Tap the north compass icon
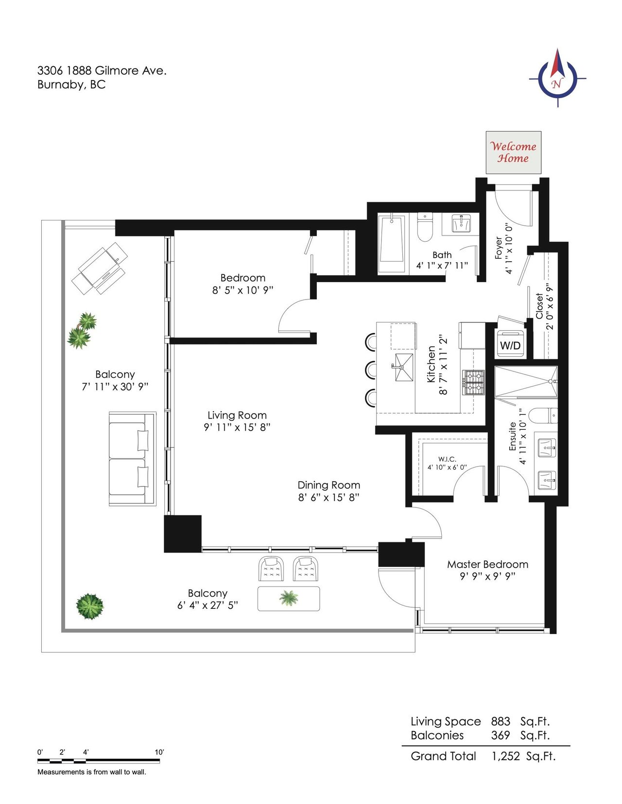[x=557, y=78]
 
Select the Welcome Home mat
[x=514, y=152]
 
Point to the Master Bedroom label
[x=487, y=564]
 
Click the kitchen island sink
[x=404, y=367]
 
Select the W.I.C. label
[x=447, y=459]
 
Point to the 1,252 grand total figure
[x=506, y=756]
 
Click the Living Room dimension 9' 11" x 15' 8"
[x=237, y=427]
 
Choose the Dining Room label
[x=329, y=485]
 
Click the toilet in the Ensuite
[x=543, y=416]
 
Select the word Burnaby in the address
[x=61, y=85]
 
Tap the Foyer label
[x=499, y=248]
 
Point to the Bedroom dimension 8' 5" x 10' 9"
[x=242, y=290]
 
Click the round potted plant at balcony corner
[x=89, y=606]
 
